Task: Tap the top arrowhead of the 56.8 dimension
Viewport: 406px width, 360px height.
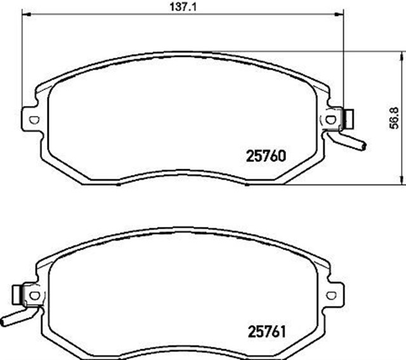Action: click(x=401, y=56)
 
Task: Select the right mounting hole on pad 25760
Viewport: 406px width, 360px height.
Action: click(x=329, y=119)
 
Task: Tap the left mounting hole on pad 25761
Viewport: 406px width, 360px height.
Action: click(x=35, y=295)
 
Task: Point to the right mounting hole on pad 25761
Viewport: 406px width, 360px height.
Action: click(x=329, y=295)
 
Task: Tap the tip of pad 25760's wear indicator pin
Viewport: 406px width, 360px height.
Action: click(x=362, y=147)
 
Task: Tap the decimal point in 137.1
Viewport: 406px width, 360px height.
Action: click(x=187, y=8)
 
